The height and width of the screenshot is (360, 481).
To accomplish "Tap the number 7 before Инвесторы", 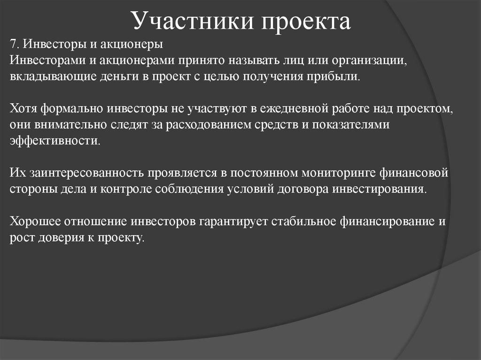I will click(13, 45).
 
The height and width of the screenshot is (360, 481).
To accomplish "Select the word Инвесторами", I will click(42, 61).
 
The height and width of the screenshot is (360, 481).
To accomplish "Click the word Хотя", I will click(23, 109).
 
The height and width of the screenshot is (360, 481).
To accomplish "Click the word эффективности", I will click(54, 141).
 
